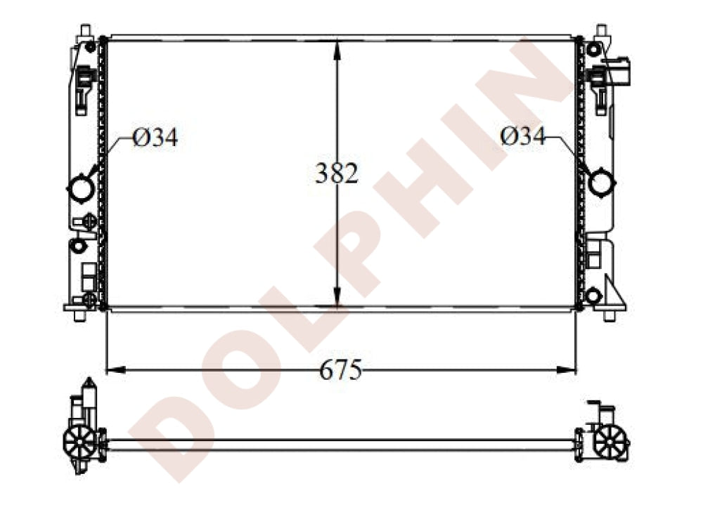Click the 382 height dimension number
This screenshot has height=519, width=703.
[x=337, y=173]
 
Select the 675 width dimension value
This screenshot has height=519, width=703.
[x=340, y=369]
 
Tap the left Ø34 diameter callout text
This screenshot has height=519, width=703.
[x=155, y=138]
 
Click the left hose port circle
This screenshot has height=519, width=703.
[x=79, y=188]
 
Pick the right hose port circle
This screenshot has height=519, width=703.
[x=602, y=183]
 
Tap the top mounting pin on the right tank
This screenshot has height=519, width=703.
[x=601, y=31]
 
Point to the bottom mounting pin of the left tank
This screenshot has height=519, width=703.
[x=79, y=315]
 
